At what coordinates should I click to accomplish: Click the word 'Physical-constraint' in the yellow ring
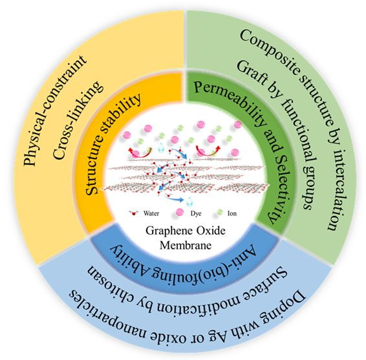coord(56,110)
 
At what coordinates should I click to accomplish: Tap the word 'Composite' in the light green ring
coord(271,48)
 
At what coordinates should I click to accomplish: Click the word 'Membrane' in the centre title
coord(186,246)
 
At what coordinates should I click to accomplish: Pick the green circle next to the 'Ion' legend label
coord(220,212)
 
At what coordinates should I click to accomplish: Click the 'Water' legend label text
coord(151,213)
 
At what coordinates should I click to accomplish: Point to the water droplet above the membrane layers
coord(160,148)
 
